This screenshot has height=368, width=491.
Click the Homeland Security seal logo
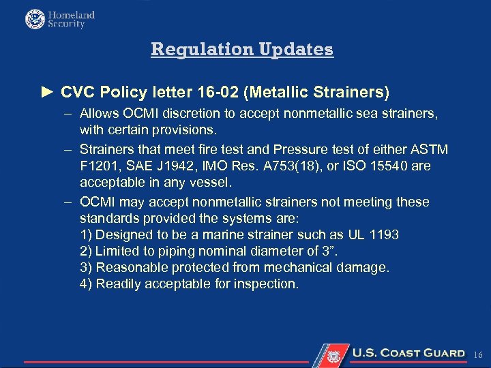pos(35,19)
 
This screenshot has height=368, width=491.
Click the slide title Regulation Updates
pos(242,50)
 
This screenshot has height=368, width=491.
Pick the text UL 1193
pos(374,234)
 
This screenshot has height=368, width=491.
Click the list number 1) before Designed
pos(86,234)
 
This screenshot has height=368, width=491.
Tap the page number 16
pos(478,354)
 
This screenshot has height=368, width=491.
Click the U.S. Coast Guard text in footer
pos(408,352)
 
